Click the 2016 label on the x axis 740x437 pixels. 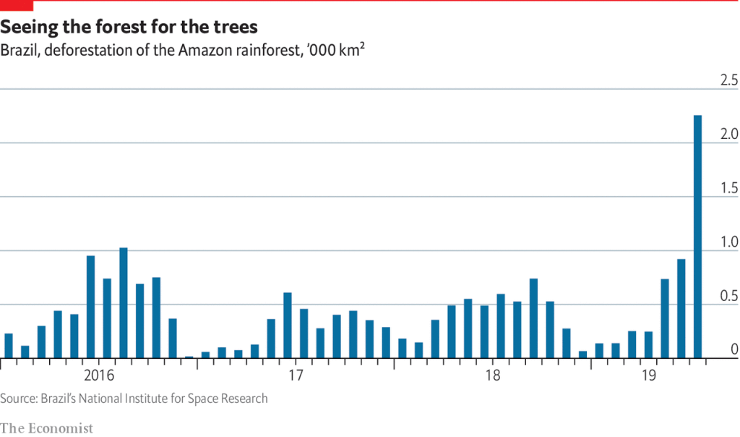[99, 376]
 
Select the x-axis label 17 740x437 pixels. [295, 376]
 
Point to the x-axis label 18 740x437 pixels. [492, 376]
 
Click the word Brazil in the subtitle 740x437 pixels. [20, 51]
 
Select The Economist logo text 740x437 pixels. [47, 428]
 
